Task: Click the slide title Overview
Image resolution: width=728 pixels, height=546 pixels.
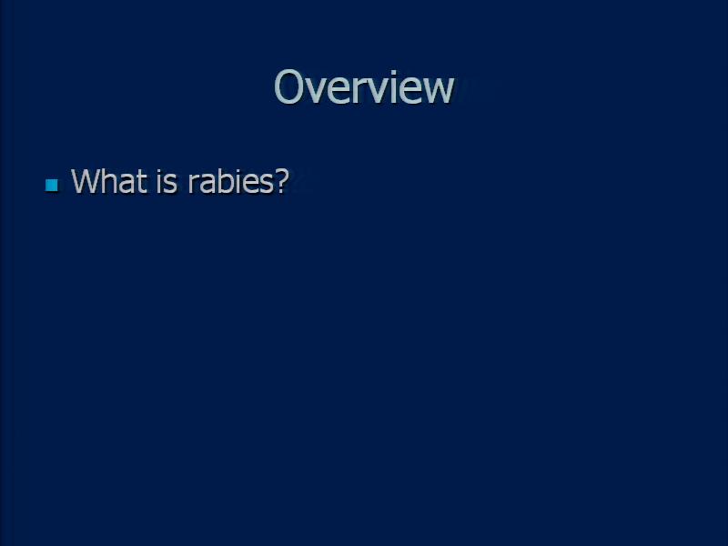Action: click(x=363, y=86)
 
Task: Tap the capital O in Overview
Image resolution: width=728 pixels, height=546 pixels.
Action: click(x=288, y=86)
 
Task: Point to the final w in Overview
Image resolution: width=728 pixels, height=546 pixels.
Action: click(x=439, y=90)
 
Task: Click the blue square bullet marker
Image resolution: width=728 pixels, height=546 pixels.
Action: click(x=52, y=186)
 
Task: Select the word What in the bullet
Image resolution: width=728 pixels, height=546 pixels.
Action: click(x=109, y=180)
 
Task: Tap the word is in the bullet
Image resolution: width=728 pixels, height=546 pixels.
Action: click(x=167, y=180)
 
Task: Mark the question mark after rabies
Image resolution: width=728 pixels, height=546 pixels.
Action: click(x=282, y=180)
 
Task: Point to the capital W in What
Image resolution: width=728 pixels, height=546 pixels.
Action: click(x=87, y=180)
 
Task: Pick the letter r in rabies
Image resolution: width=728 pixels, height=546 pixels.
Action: click(x=193, y=184)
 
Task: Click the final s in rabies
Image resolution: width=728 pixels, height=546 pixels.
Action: click(x=268, y=184)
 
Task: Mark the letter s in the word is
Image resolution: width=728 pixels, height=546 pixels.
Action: click(x=171, y=184)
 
